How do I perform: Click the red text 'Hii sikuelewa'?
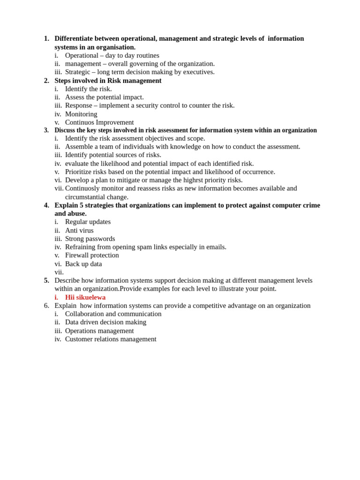(x=85, y=297)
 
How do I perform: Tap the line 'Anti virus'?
(x=79, y=230)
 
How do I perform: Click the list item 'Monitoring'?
(x=81, y=114)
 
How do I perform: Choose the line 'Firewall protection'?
(x=92, y=255)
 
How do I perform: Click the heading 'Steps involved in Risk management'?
(x=108, y=81)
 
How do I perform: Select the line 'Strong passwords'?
(x=90, y=239)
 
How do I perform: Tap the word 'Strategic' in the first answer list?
(x=77, y=72)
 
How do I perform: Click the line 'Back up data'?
(x=83, y=264)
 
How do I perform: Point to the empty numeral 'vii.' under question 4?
(x=59, y=272)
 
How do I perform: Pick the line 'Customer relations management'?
(x=111, y=339)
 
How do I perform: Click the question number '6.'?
(x=46, y=306)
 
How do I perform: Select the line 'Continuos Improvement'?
(x=99, y=122)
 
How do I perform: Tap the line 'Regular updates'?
(x=88, y=222)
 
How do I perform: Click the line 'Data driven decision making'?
(x=105, y=322)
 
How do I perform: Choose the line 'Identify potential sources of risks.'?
(x=113, y=155)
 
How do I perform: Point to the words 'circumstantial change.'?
(x=97, y=197)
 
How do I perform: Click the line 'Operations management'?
(x=99, y=330)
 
